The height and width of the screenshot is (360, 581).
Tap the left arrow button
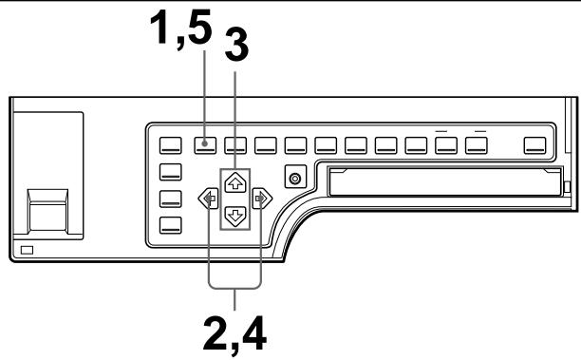click(x=206, y=199)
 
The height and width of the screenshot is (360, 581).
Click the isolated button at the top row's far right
click(x=536, y=146)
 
